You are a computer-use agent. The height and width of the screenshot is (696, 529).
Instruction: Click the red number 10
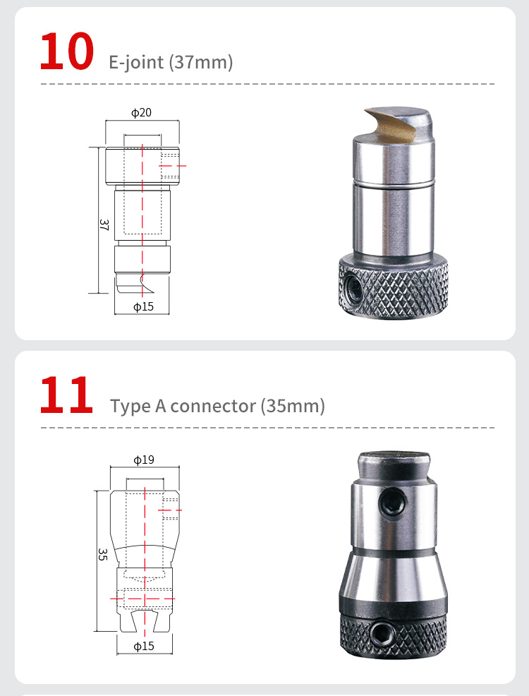66,52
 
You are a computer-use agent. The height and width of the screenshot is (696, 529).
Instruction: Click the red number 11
66,395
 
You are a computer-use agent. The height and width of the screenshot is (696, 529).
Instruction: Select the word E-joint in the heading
136,62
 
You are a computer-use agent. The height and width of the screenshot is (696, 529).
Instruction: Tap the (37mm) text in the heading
201,62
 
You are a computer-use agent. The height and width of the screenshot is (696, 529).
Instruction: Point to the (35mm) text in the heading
293,406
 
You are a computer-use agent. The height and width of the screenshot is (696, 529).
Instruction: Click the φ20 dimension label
142,112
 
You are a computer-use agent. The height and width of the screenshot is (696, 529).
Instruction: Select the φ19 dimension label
144,460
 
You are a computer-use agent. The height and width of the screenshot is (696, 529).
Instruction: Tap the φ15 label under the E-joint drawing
144,307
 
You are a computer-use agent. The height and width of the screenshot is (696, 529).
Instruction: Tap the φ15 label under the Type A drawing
144,647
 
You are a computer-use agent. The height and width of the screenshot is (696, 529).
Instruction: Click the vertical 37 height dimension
104,224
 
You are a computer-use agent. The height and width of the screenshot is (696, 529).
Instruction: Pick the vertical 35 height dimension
102,554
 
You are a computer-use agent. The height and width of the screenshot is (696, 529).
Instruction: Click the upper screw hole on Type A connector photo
393,502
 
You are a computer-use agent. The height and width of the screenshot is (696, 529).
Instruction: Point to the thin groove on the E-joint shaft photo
393,183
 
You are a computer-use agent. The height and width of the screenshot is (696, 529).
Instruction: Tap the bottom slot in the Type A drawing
145,621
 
